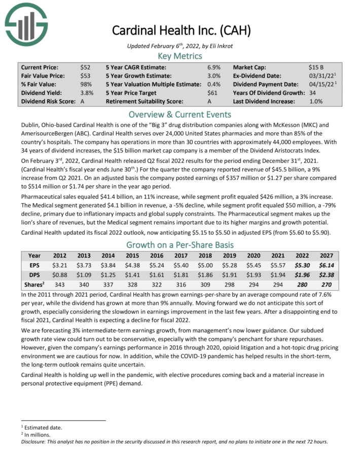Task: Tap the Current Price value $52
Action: pyautogui.click(x=85, y=67)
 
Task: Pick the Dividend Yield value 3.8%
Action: pyautogui.click(x=87, y=93)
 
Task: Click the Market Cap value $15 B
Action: pyautogui.click(x=317, y=67)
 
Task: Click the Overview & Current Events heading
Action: pyautogui.click(x=180, y=114)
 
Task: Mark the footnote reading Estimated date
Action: pyautogui.click(x=41, y=427)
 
